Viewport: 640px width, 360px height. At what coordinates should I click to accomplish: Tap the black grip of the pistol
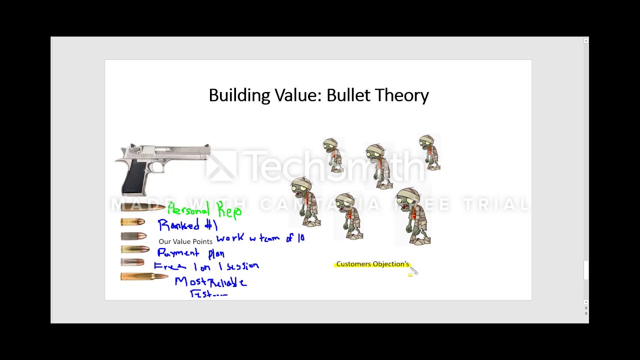134,177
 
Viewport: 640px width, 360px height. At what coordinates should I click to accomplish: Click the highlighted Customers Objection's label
372,264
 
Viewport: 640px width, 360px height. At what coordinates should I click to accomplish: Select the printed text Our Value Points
185,241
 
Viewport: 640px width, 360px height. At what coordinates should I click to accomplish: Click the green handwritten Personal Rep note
204,209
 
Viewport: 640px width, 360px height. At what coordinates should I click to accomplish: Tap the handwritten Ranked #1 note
187,225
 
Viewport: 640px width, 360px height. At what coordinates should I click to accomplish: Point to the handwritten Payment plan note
190,253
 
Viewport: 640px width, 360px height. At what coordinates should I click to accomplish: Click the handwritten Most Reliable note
210,282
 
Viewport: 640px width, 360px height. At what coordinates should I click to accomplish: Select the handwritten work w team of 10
260,238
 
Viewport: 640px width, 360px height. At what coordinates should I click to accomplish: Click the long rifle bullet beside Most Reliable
143,276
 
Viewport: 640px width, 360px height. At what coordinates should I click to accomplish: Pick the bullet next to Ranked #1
133,222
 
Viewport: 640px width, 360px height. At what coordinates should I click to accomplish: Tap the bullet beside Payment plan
135,249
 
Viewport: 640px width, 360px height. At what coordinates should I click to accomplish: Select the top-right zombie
429,152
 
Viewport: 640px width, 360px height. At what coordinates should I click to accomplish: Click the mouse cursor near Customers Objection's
413,270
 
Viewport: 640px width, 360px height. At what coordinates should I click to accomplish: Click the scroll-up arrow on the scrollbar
586,41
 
